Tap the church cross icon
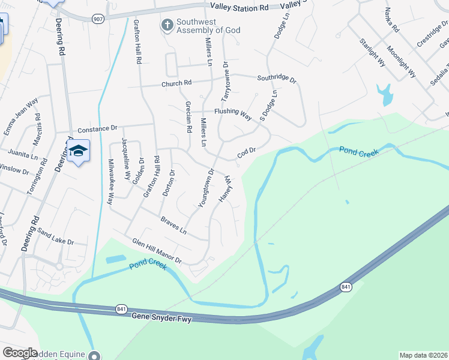coord(166,25)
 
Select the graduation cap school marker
coord(79,150)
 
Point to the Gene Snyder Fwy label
coord(162,316)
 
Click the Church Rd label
coord(176,84)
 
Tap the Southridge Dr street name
coord(277,78)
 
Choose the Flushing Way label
coord(233,113)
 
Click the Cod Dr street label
coord(247,153)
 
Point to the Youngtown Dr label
coord(206,188)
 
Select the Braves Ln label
coord(173,226)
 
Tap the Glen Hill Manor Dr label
coord(157,251)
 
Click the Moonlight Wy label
coord(402,62)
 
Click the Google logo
coord(20,353)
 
